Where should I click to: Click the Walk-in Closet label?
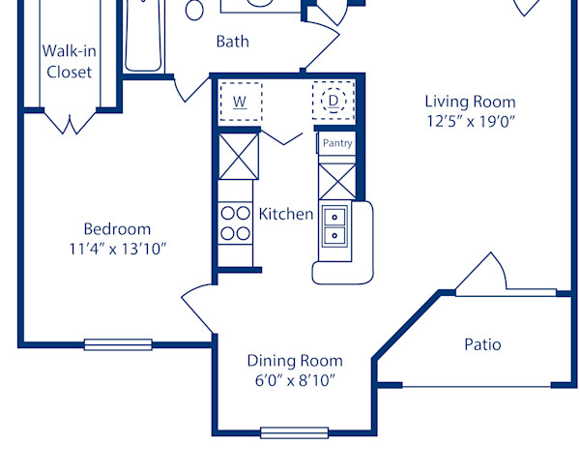pos(68,61)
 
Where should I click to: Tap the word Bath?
pos(232,41)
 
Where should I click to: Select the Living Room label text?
pos(470,102)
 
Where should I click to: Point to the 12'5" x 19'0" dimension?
pos(470,122)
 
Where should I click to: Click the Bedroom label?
pos(117,229)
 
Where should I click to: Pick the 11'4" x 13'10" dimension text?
pos(117,249)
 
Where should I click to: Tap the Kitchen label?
pos(286,214)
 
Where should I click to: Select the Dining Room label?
pos(295,361)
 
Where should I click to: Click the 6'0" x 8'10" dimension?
pos(295,380)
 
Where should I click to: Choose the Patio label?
pos(482,344)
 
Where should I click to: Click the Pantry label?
pos(337,143)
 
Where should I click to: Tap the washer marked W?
pos(240,100)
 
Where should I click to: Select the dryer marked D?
pos(333,100)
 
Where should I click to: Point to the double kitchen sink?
pos(335,225)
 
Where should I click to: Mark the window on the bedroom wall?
pos(118,344)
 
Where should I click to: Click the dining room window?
pos(294,432)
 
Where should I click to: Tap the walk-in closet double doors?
pos(69,123)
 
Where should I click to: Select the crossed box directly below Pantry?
pos(336,180)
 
